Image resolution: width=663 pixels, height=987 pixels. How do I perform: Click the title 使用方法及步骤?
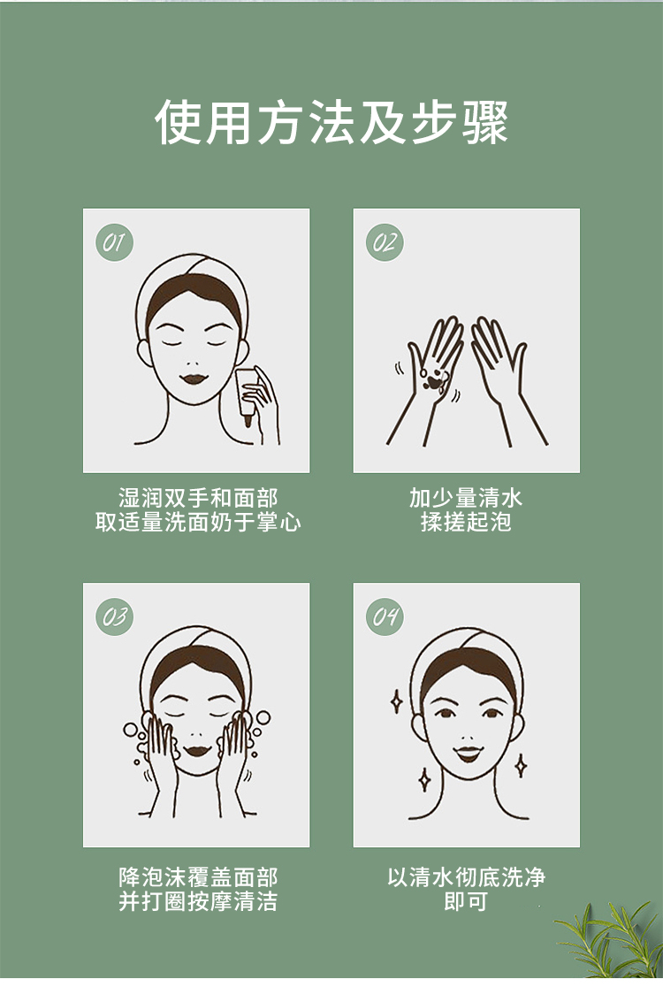(x=331, y=121)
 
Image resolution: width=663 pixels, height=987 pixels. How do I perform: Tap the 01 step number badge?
(x=115, y=242)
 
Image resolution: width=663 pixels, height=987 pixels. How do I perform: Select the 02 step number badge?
(x=385, y=242)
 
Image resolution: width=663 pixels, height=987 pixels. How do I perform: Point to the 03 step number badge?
(x=115, y=616)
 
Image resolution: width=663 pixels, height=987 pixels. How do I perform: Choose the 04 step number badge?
(x=385, y=616)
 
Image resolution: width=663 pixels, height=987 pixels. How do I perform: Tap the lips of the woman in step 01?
(x=194, y=379)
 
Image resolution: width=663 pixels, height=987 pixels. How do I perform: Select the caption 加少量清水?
(x=466, y=498)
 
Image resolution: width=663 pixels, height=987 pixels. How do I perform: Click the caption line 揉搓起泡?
(x=466, y=522)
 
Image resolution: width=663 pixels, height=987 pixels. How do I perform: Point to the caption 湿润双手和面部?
(x=198, y=498)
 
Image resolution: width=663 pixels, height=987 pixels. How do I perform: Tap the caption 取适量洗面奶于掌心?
(x=198, y=522)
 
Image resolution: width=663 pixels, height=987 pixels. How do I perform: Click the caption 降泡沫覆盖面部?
(x=198, y=876)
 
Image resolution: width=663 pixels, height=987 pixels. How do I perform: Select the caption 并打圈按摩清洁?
(x=198, y=900)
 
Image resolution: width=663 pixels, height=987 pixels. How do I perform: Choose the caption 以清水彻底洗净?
(x=466, y=876)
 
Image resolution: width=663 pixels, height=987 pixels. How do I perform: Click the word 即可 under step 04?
(x=466, y=900)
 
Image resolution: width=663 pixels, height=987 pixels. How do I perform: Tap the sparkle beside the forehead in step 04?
(x=396, y=701)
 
